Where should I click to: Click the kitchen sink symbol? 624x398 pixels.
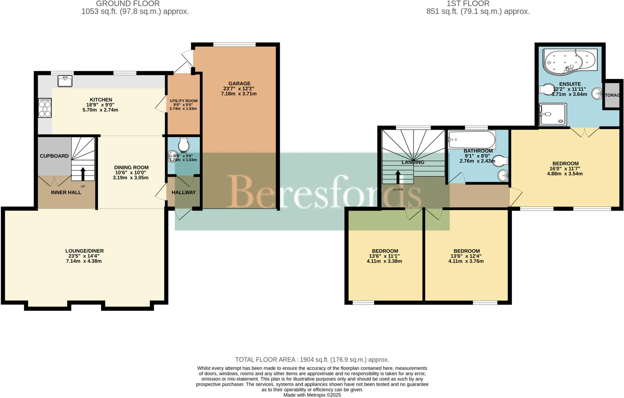65,81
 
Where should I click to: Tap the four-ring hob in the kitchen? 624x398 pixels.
45,108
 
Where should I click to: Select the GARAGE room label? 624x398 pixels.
239,84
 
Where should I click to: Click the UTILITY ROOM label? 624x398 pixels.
183,101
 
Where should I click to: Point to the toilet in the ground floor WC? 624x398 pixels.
184,144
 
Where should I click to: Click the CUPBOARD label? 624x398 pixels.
54,156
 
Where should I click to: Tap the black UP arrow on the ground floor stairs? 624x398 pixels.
83,174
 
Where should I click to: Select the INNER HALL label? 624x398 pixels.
66,193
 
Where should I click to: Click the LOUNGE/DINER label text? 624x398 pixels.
84,251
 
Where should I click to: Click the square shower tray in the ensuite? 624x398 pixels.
553,115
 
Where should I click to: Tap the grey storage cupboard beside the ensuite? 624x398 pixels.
612,95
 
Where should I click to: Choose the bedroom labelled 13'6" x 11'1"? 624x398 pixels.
385,256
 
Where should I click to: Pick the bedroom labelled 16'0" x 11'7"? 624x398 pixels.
565,168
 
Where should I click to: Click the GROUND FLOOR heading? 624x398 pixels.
128,4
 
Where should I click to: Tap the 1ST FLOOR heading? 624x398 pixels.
472,4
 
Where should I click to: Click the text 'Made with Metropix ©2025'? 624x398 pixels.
312,395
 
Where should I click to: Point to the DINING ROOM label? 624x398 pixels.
131,168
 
